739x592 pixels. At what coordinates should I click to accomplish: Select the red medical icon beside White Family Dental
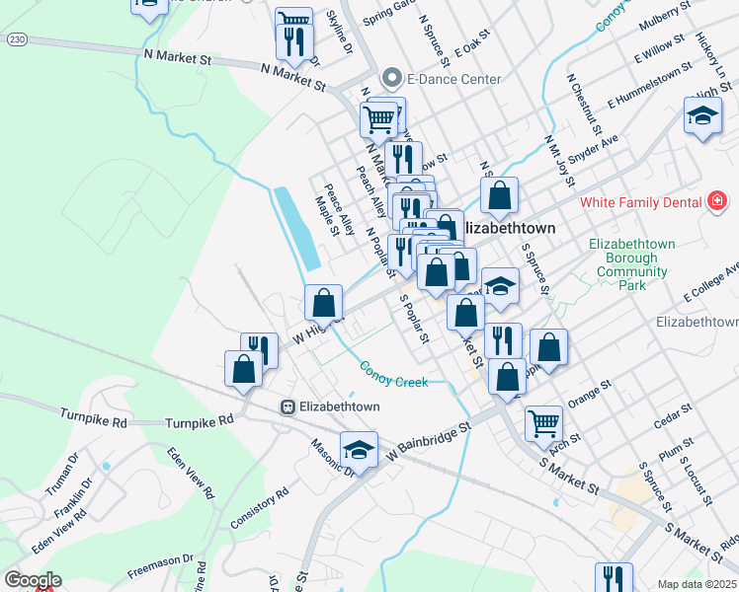tap(718, 202)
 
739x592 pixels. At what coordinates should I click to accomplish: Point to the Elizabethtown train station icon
tap(287, 407)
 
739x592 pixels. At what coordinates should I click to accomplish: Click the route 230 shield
tap(15, 39)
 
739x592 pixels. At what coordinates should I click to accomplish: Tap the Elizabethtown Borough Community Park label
tap(631, 264)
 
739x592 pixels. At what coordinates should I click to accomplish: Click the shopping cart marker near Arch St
tap(543, 423)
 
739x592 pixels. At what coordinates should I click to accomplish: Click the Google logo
tap(32, 580)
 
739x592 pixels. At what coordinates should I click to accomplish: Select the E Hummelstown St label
tap(645, 86)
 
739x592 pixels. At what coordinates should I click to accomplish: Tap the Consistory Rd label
tap(259, 506)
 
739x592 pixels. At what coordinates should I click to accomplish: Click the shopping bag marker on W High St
tap(323, 303)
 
